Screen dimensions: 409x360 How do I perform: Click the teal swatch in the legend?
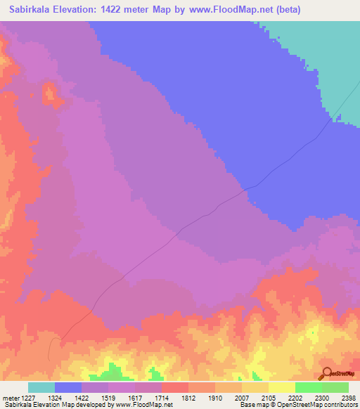click(x=41, y=387)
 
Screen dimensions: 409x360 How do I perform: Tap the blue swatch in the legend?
click(x=68, y=387)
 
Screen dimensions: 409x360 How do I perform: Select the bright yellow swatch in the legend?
click(x=282, y=387)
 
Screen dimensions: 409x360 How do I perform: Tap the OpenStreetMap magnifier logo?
click(x=326, y=373)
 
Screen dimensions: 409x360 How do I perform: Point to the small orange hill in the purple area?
click(x=50, y=93)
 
